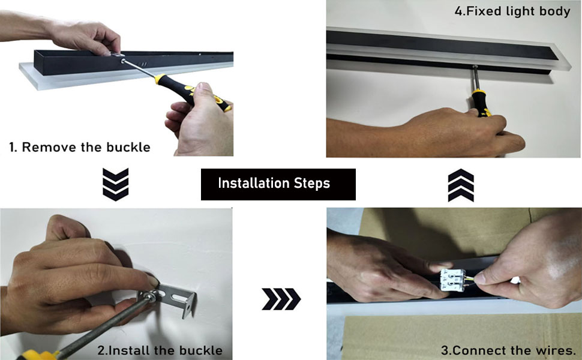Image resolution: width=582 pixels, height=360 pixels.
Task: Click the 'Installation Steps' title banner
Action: click(278, 184)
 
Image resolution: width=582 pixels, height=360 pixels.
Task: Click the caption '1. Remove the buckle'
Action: click(80, 147)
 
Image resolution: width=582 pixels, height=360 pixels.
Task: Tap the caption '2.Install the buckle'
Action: click(160, 350)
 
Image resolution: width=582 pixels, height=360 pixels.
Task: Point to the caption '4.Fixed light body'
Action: click(512, 11)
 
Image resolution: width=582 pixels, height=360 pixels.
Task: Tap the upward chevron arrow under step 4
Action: click(460, 185)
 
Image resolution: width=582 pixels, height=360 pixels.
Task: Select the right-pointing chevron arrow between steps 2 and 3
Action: click(281, 299)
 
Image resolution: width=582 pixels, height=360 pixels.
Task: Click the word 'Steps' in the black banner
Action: click(311, 184)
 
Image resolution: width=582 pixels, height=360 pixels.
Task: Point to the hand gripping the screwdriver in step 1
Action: click(198, 120)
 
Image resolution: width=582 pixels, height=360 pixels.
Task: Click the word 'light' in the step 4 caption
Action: click(516, 11)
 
